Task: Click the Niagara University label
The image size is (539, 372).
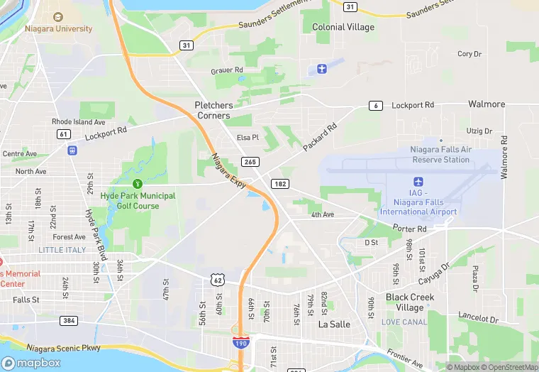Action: [58, 28]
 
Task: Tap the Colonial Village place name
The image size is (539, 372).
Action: [343, 27]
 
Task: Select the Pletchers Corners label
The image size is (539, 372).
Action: [213, 110]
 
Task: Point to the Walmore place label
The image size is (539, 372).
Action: [487, 104]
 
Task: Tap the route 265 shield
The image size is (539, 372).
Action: [250, 162]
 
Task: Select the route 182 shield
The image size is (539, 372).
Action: [279, 184]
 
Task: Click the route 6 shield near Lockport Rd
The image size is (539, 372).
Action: [376, 106]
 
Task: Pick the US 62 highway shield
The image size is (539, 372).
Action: [217, 280]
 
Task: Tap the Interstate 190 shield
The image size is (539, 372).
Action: [241, 342]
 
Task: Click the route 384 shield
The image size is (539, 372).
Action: [69, 321]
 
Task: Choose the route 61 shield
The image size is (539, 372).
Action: [64, 133]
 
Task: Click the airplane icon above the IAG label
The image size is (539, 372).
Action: [418, 181]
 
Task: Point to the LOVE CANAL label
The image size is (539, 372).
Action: [404, 322]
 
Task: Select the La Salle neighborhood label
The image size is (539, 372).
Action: [333, 324]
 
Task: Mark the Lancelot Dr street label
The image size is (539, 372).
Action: [479, 320]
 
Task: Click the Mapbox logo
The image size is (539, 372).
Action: [31, 362]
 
